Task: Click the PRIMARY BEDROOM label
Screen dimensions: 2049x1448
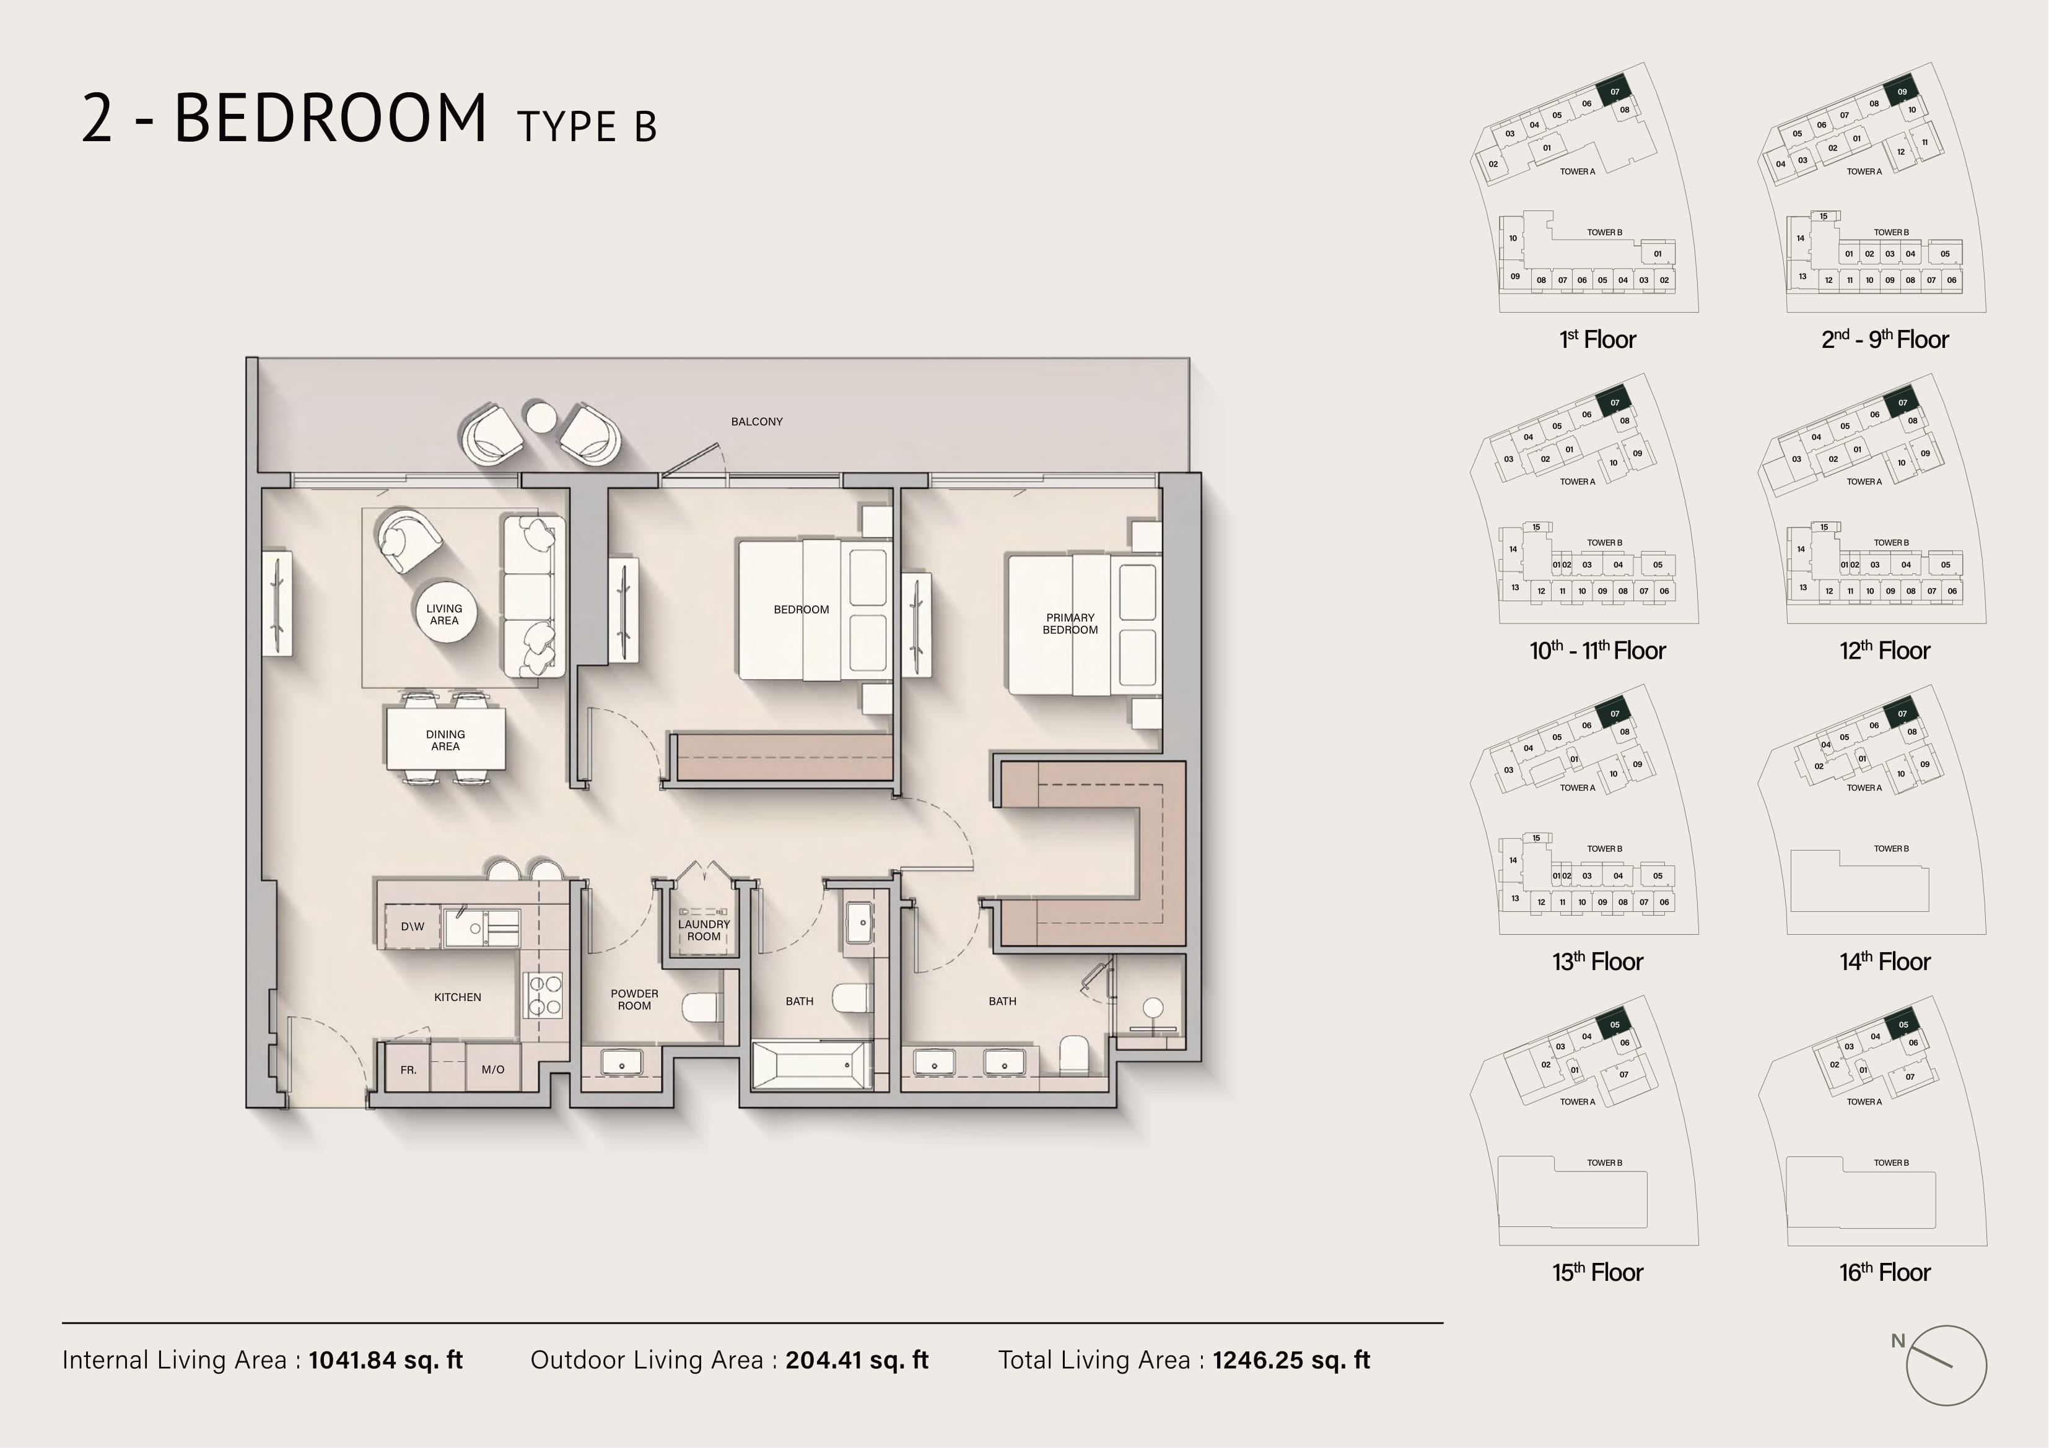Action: point(1070,623)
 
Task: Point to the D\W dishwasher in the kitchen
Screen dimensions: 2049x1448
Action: point(413,926)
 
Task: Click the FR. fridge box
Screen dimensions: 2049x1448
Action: point(408,1069)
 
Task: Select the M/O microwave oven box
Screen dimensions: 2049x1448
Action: point(492,1069)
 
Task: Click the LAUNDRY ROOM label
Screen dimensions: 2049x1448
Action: point(704,930)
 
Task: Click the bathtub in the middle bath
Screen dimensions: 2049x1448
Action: point(812,1065)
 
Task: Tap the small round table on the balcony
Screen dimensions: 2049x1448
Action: point(540,417)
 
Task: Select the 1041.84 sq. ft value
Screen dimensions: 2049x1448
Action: point(385,1359)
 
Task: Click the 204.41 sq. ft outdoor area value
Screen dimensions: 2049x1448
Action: point(857,1359)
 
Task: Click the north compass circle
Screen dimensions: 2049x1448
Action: point(1946,1366)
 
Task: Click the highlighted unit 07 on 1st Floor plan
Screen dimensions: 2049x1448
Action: point(1614,90)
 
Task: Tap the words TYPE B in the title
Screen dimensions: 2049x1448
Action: point(587,127)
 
